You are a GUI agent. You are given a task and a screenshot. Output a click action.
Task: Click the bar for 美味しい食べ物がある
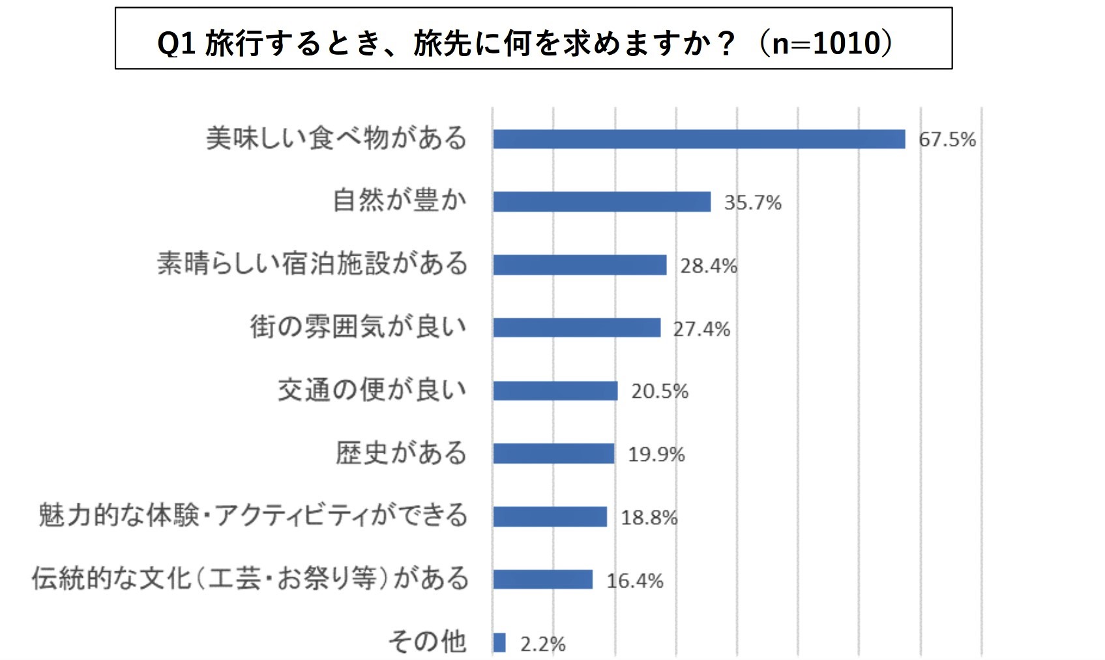(x=699, y=139)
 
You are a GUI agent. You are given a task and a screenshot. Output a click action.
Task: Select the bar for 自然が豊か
(x=602, y=202)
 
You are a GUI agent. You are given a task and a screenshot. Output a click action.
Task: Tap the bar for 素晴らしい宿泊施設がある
(x=580, y=265)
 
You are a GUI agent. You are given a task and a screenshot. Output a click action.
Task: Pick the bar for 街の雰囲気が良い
(x=577, y=327)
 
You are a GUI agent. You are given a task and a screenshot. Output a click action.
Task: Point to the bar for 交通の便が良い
(x=555, y=391)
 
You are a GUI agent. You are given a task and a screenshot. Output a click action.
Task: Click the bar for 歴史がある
(x=553, y=453)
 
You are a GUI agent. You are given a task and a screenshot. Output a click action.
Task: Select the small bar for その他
(x=499, y=642)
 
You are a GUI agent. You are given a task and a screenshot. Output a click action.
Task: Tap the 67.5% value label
(x=947, y=140)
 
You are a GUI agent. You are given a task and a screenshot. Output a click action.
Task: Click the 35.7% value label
(x=752, y=203)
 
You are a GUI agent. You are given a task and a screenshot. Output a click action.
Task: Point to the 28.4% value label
(x=709, y=265)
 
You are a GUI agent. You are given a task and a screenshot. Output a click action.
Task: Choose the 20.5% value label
(x=659, y=391)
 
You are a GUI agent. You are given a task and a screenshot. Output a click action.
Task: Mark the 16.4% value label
(x=634, y=580)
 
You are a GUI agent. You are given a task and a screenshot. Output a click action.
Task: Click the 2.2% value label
(x=542, y=644)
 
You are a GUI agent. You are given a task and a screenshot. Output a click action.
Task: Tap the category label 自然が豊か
(x=400, y=200)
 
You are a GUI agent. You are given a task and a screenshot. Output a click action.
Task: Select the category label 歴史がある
(x=401, y=453)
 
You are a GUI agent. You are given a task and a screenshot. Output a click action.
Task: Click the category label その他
(x=427, y=641)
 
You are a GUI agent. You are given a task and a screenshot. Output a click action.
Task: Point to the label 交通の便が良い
(x=372, y=389)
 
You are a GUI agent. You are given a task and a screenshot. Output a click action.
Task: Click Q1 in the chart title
(x=177, y=44)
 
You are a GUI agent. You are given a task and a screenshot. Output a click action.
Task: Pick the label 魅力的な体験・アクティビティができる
(x=253, y=515)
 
